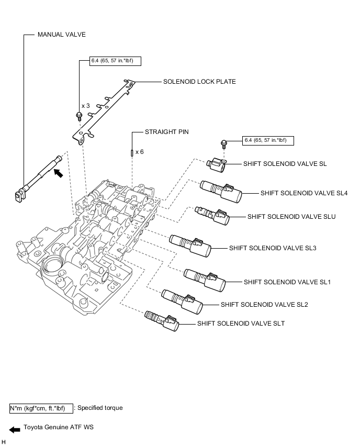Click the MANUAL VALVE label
point(61,35)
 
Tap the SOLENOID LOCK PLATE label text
point(199,82)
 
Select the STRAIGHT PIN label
point(166,132)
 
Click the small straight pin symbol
point(132,153)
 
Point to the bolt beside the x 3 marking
point(78,116)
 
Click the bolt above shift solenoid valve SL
point(223,144)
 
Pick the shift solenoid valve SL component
point(217,164)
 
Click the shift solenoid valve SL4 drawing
point(221,191)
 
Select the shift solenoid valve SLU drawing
point(212,215)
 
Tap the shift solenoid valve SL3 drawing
point(190,246)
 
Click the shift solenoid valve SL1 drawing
point(205,280)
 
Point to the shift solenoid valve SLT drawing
point(162,320)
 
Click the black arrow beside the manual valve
point(58,173)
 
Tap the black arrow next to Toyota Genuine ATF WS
point(15,430)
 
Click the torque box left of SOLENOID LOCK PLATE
point(115,61)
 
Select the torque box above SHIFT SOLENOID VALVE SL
point(268,140)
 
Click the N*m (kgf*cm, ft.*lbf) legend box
point(41,408)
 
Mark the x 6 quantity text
point(140,152)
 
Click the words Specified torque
point(100,408)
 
